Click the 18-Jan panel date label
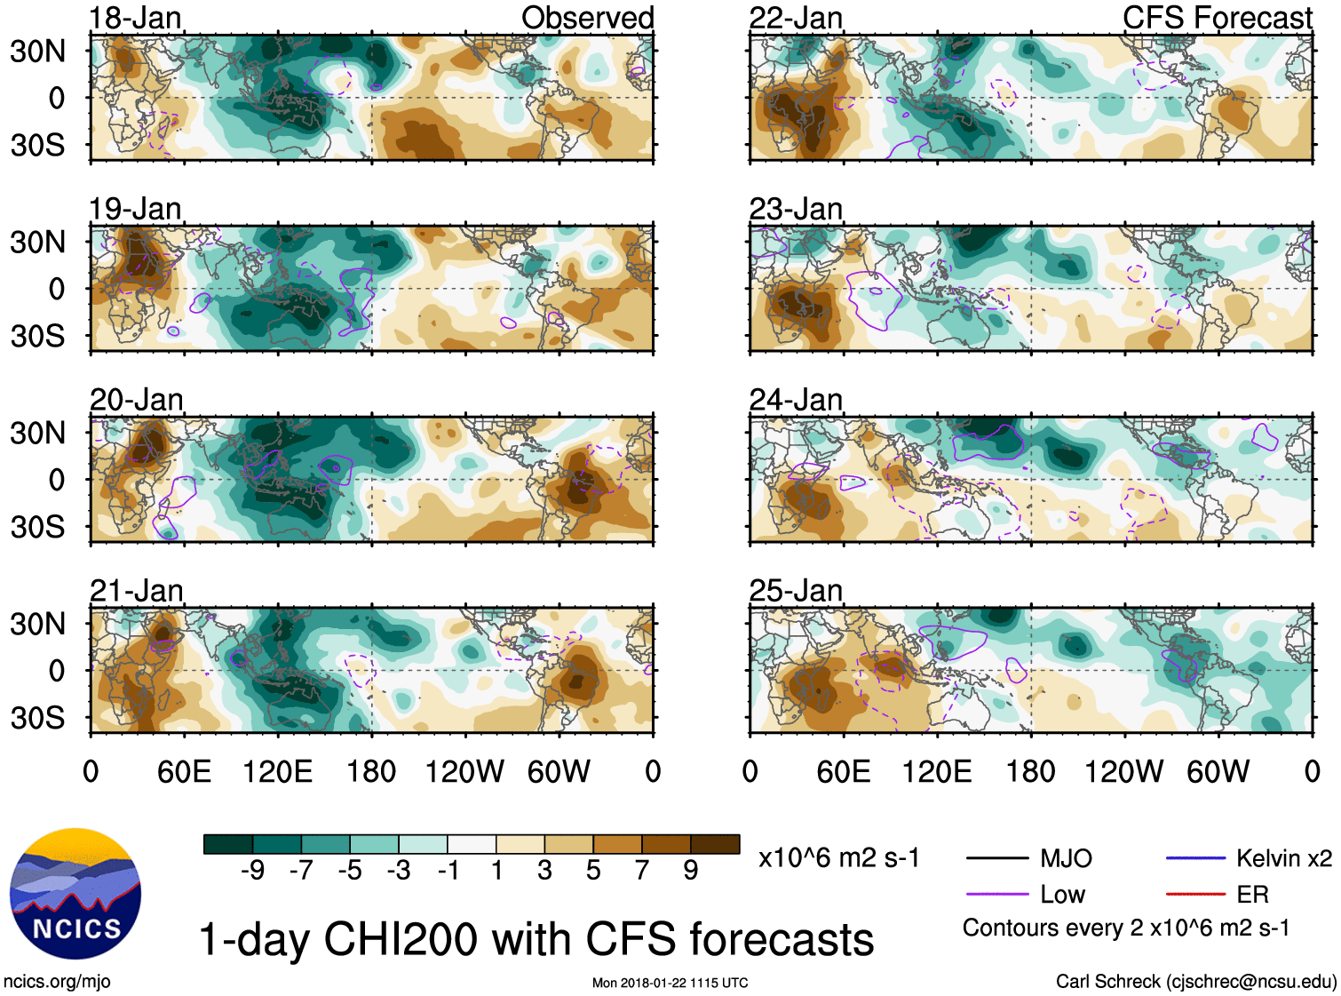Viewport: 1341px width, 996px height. pos(135,18)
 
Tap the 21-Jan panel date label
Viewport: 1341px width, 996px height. pos(136,591)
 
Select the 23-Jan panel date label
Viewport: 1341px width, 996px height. pos(796,210)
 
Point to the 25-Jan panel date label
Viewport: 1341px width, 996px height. pos(796,591)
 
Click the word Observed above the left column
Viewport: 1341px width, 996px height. pos(587,18)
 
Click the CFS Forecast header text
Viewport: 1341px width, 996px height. pos(1217,18)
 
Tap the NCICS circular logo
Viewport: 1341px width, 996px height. pos(75,894)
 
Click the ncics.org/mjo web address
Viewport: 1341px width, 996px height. pos(57,981)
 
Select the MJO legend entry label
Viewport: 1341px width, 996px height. pos(1066,858)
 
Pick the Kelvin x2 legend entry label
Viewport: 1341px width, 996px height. pos(1284,858)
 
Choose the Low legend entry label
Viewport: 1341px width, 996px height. pos(1062,895)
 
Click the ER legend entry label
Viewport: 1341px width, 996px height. pos(1252,895)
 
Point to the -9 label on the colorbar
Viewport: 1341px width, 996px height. pos(252,871)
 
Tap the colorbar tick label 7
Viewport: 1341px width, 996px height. pos(642,871)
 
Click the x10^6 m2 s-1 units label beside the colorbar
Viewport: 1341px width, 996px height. pos(838,858)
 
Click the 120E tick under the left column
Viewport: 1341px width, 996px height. pos(277,771)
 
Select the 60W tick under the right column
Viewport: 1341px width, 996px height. pos(1218,771)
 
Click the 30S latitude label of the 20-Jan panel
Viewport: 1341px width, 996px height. pos(37,527)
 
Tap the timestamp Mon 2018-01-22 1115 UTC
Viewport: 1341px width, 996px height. pos(670,983)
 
